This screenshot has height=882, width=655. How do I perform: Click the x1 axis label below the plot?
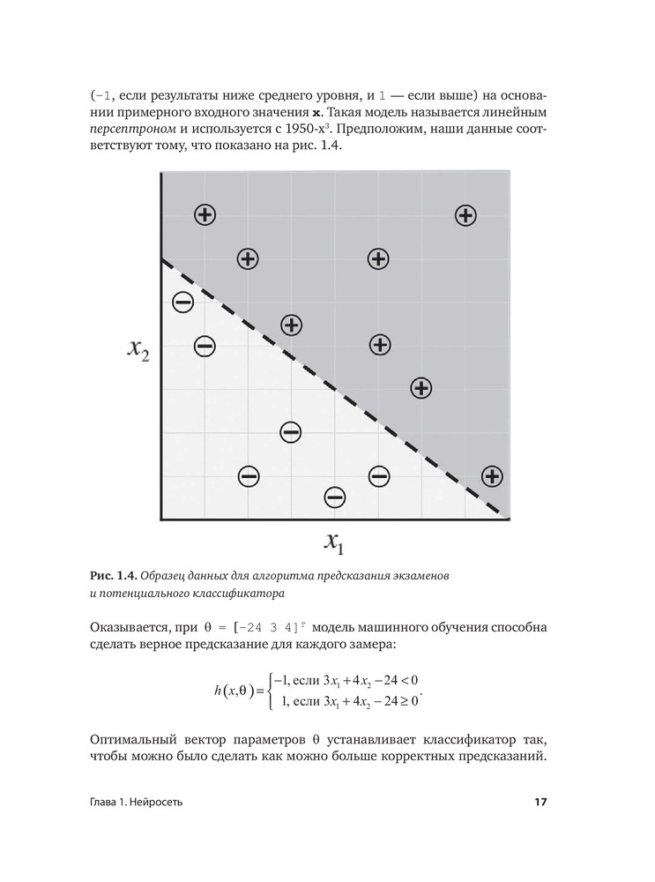pyautogui.click(x=334, y=542)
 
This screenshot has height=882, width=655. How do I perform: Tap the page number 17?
pyautogui.click(x=540, y=803)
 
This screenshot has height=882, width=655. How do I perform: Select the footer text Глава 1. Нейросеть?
pyautogui.click(x=137, y=803)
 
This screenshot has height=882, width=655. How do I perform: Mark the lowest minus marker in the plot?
pyautogui.click(x=335, y=497)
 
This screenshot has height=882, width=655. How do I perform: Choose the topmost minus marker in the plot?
pyautogui.click(x=183, y=303)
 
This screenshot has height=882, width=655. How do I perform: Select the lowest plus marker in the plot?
pyautogui.click(x=492, y=476)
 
